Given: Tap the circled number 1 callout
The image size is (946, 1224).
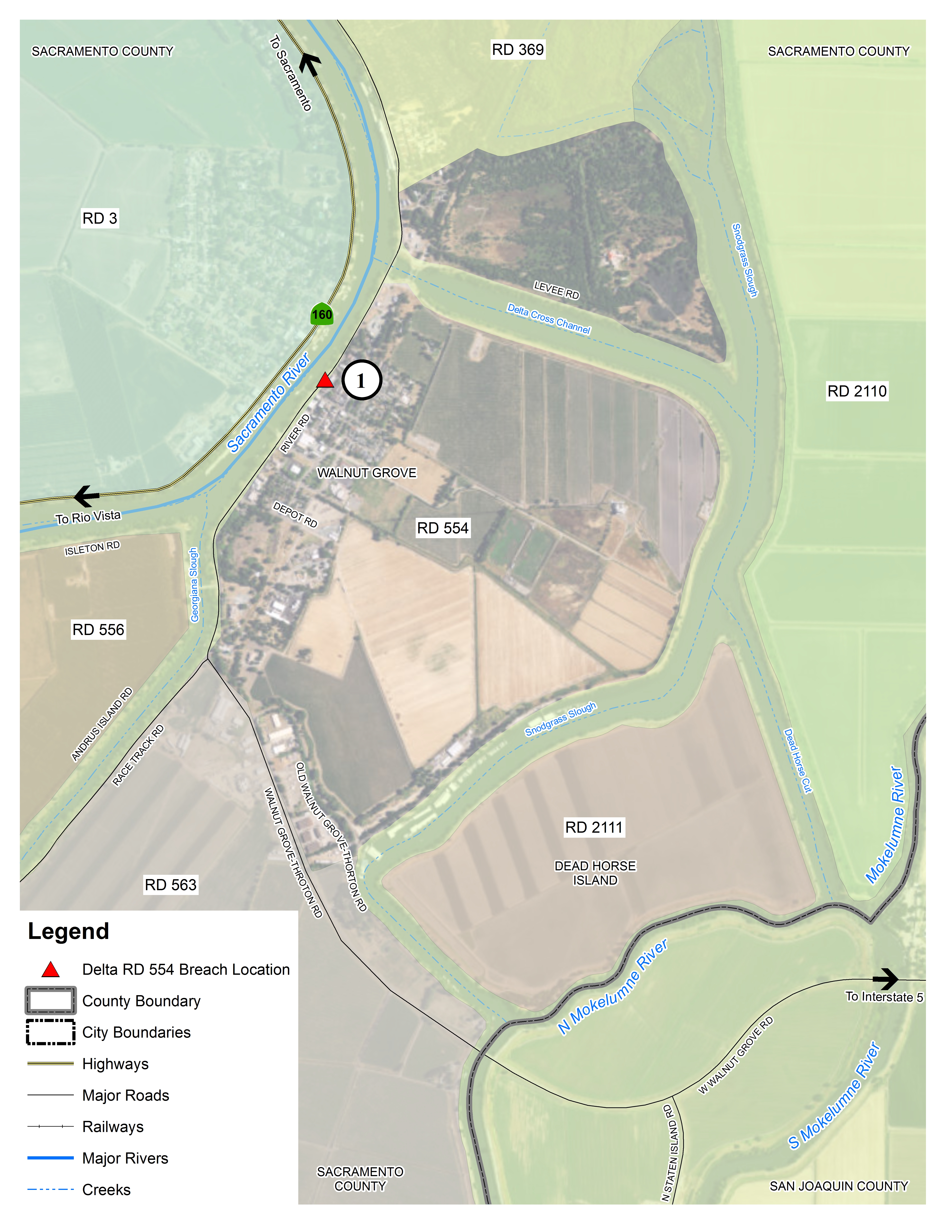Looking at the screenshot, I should pyautogui.click(x=362, y=380).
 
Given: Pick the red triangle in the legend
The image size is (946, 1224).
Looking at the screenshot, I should pyautogui.click(x=50, y=970).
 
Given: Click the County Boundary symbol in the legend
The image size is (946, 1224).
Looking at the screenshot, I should pyautogui.click(x=50, y=1001).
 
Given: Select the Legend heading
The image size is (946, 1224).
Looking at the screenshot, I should pyautogui.click(x=68, y=932).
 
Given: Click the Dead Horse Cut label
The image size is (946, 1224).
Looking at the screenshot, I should pyautogui.click(x=797, y=761).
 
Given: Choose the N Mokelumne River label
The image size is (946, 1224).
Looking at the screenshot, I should pyautogui.click(x=612, y=986).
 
